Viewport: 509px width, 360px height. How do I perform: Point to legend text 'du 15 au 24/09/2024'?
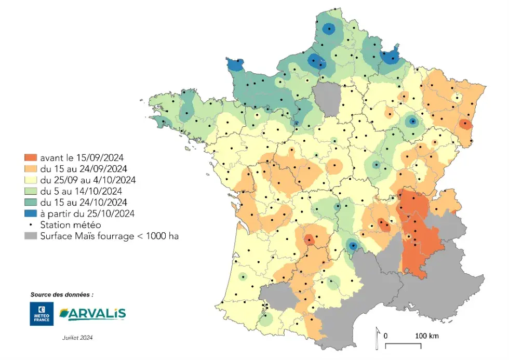tap(83, 168)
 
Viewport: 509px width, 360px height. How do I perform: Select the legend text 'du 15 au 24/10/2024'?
tap(83, 202)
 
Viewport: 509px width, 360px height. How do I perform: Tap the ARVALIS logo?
tap(92, 313)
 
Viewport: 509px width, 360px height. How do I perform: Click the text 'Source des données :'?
tap(62, 294)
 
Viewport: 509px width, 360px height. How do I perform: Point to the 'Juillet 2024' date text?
tap(77, 337)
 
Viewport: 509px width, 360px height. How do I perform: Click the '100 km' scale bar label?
tap(427, 336)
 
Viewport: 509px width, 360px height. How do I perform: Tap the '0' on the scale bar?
tap(386, 336)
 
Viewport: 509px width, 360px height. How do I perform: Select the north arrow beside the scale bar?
tap(377, 338)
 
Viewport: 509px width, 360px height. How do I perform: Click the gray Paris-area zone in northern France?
tap(327, 99)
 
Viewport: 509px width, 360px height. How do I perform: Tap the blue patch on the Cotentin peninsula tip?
tap(235, 65)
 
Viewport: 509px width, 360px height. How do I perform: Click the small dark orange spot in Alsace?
tap(465, 124)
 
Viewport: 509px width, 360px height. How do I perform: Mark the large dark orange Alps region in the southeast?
tap(418, 229)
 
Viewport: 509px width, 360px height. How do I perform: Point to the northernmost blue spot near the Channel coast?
tap(328, 29)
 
